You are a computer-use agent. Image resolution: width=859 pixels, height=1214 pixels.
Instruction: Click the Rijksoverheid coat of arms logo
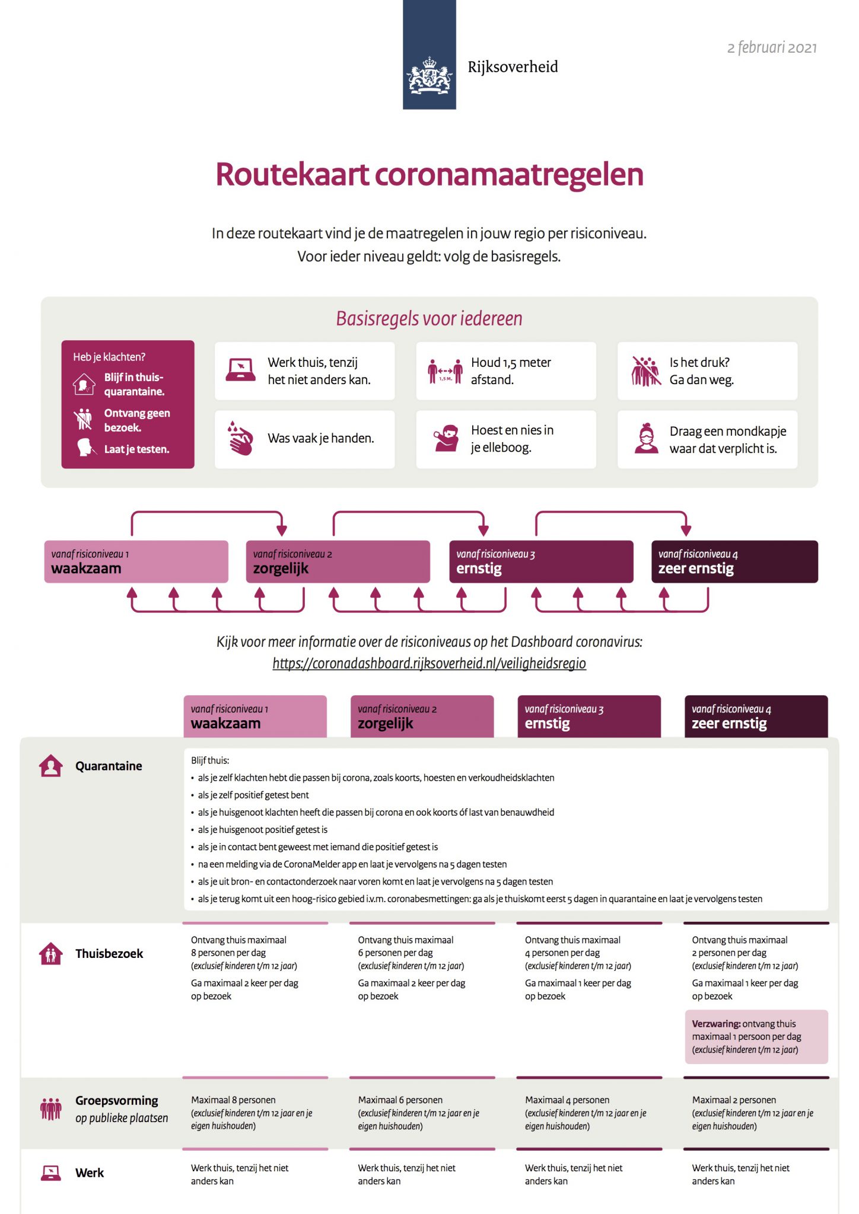click(x=429, y=76)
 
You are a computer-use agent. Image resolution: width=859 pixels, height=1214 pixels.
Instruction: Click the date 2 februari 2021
click(x=771, y=48)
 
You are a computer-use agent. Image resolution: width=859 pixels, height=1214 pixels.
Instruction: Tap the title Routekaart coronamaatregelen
click(x=429, y=174)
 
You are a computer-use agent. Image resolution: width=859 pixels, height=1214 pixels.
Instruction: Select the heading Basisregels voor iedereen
click(x=429, y=319)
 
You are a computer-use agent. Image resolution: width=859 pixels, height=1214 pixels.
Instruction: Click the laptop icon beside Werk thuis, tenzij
click(x=240, y=370)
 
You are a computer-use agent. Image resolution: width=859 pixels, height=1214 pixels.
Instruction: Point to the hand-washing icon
click(x=240, y=439)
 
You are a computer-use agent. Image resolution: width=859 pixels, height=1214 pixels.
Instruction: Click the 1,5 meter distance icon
click(x=445, y=371)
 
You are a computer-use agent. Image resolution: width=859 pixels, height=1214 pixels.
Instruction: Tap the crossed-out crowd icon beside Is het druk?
click(x=645, y=371)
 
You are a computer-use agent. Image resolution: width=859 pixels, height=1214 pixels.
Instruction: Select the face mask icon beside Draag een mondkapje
click(x=645, y=439)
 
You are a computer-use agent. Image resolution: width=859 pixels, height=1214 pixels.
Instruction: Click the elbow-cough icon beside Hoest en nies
click(x=446, y=439)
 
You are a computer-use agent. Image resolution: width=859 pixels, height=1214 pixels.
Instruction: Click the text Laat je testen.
click(x=136, y=449)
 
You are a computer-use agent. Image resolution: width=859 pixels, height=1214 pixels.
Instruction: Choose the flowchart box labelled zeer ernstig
click(x=734, y=562)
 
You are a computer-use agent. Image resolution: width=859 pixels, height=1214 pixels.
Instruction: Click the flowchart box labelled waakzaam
click(x=136, y=562)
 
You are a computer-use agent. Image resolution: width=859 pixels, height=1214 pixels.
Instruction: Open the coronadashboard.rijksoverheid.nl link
click(x=429, y=663)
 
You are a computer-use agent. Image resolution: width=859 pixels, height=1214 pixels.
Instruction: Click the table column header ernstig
click(x=588, y=717)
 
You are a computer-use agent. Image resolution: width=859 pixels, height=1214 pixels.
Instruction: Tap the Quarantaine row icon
click(x=51, y=766)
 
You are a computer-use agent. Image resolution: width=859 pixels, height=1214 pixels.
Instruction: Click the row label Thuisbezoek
click(x=109, y=954)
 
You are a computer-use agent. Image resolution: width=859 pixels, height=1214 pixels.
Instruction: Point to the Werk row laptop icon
click(x=51, y=1173)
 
